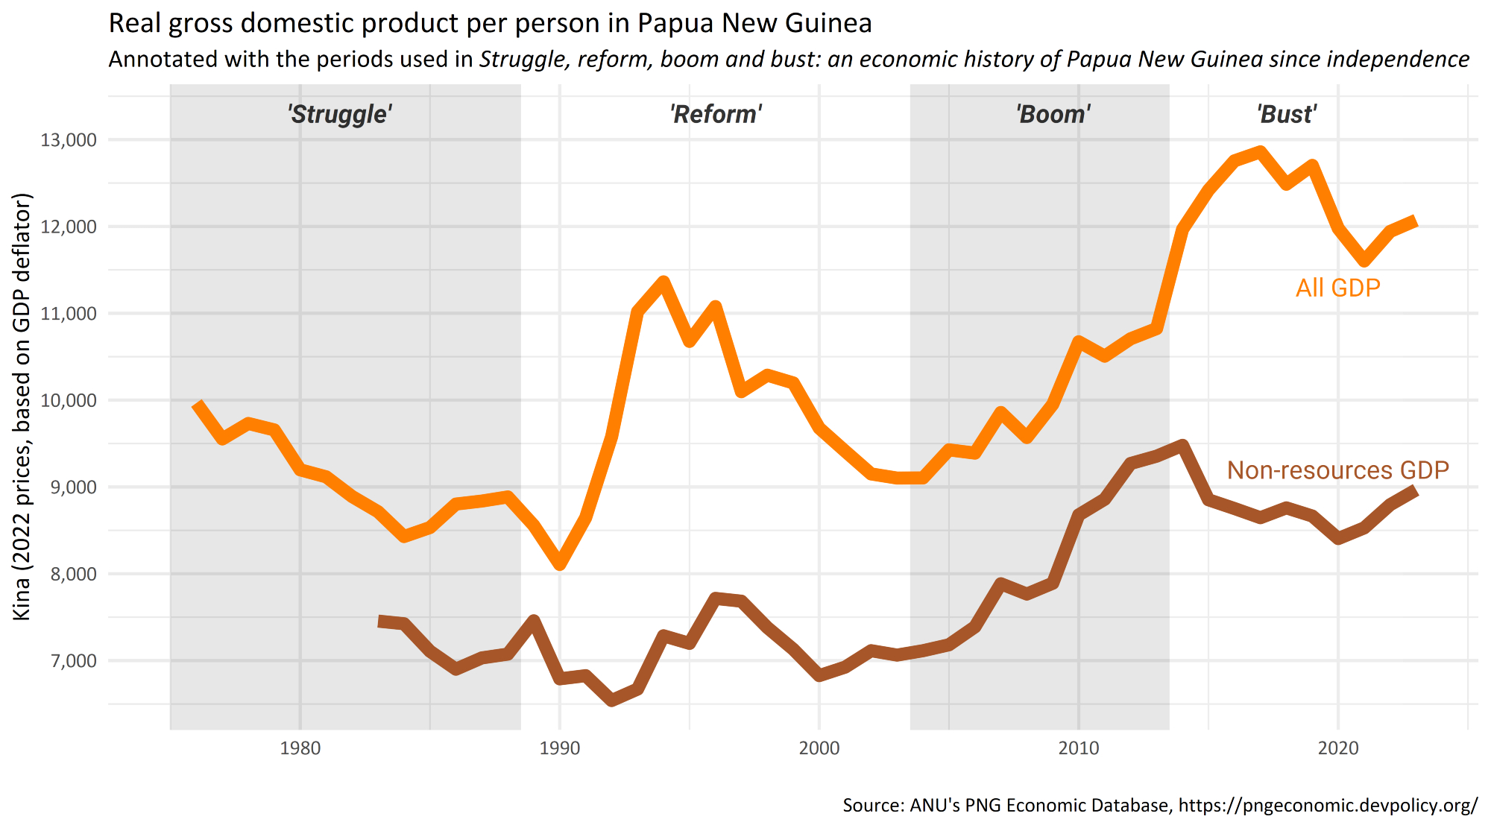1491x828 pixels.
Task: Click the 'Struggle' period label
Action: (340, 114)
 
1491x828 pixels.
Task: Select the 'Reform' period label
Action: (716, 114)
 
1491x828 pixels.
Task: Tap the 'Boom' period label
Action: (1053, 114)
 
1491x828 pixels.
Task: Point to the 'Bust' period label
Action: (1287, 114)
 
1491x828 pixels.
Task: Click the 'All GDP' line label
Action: (1337, 288)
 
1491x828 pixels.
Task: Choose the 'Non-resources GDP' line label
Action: (1337, 470)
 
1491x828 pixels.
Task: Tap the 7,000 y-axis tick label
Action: (69, 661)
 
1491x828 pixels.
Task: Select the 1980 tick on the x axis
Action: (300, 748)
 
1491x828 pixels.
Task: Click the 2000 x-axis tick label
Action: (819, 748)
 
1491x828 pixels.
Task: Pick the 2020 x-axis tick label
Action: (1338, 748)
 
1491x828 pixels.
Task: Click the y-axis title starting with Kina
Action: (22, 406)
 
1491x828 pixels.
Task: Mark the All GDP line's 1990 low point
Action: (560, 565)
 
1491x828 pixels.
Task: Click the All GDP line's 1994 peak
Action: (663, 282)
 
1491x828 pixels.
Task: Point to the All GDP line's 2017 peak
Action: (1260, 152)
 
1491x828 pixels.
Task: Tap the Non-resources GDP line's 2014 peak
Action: (1182, 446)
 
